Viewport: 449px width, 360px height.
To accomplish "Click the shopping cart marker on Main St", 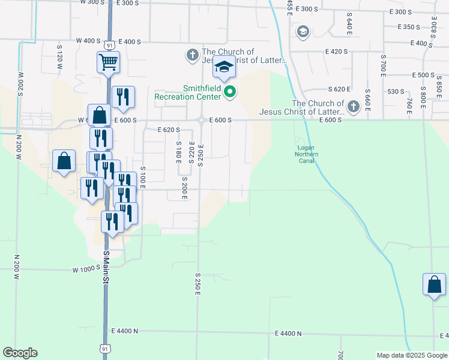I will coord(108,62).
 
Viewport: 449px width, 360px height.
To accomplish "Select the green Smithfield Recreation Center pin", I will coord(228,92).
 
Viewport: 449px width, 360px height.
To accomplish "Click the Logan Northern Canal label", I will coord(306,154).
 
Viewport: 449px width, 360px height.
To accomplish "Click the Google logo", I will coord(20,353).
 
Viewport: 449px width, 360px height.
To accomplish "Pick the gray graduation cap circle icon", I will coord(303,31).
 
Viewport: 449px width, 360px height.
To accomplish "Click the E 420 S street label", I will coord(337,52).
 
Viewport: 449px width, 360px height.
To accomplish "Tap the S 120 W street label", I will coord(59,55).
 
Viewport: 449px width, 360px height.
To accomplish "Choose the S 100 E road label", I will coord(143,178).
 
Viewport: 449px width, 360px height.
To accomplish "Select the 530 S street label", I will coord(396,91).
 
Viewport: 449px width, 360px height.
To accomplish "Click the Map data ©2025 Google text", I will coord(412,355).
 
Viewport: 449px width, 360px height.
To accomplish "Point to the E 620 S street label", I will coord(169,130).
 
